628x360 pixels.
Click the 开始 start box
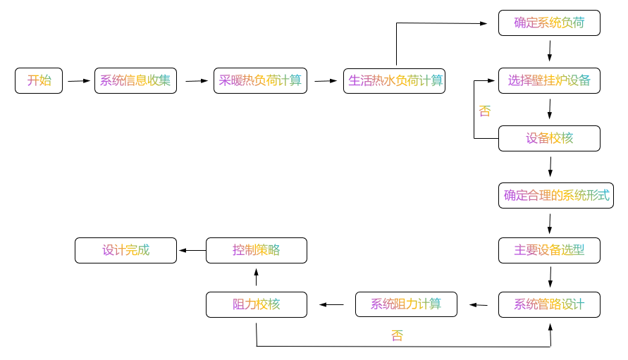39,80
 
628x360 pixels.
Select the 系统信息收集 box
135,80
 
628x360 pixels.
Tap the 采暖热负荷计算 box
260,80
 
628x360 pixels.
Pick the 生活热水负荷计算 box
394,80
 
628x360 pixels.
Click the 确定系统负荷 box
549,23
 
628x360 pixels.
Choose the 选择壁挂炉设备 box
549,80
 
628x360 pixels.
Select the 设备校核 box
549,138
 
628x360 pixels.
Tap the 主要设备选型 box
549,250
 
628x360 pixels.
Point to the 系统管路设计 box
549,304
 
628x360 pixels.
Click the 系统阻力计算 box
406,304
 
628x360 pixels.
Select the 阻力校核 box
257,304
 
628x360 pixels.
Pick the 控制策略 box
257,250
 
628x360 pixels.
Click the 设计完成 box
125,250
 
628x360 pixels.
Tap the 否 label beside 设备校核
484,111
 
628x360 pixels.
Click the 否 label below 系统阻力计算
398,336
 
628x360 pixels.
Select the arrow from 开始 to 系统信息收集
79,81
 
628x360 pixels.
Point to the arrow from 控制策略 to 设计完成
192,250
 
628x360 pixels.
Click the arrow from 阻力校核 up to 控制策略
257,277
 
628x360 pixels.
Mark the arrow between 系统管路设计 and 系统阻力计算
479,305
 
